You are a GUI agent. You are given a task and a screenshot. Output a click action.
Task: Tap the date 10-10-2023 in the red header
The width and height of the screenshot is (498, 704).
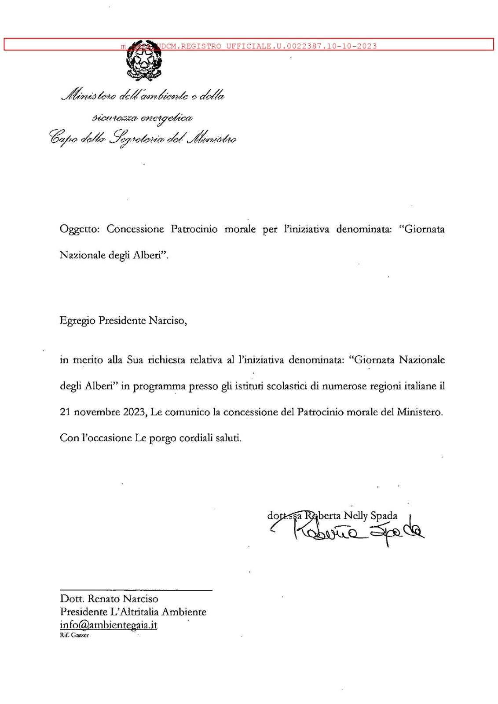click(x=352, y=46)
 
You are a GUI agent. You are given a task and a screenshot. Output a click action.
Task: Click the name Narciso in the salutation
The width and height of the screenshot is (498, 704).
click(x=167, y=320)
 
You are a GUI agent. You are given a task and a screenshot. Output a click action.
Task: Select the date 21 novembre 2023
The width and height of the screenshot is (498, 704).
click(x=103, y=412)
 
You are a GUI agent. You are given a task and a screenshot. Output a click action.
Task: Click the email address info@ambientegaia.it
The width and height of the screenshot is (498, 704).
click(x=109, y=625)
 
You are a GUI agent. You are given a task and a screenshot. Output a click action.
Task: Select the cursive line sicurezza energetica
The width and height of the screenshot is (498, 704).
click(x=142, y=117)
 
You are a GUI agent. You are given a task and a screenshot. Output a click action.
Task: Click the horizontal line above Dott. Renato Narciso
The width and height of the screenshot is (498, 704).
click(x=136, y=590)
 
